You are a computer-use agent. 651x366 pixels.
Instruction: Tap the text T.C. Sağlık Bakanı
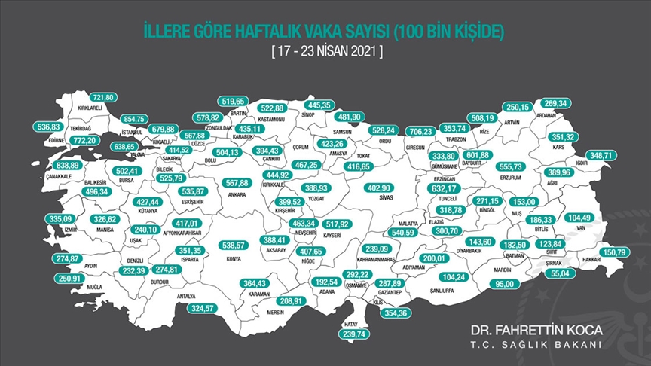pyautogui.click(x=535, y=345)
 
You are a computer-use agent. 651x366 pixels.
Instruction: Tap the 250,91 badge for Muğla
pyautogui.click(x=69, y=279)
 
